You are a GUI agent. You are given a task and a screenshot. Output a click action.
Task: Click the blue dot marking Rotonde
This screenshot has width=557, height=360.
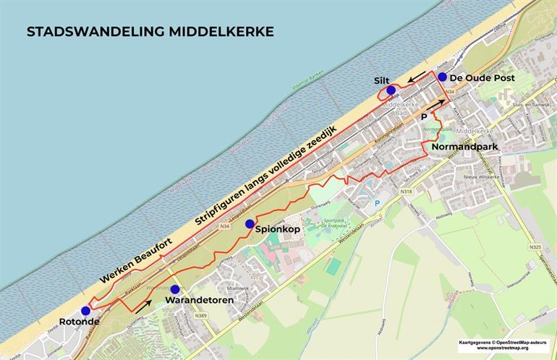point(86,311)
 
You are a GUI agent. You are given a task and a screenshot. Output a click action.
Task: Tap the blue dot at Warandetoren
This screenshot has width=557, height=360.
point(174,289)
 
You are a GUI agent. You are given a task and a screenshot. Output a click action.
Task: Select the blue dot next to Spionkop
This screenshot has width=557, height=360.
point(250,224)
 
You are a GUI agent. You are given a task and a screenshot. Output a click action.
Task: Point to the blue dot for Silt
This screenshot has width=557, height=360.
point(391,90)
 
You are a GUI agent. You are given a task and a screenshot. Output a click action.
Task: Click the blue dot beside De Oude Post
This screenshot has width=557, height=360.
point(442,77)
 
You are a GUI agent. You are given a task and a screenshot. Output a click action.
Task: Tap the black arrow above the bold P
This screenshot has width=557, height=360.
point(435,105)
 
